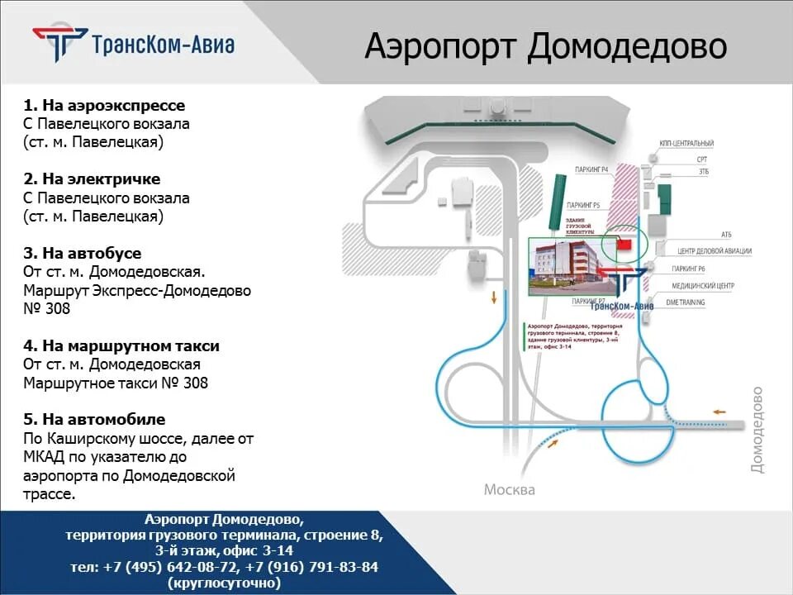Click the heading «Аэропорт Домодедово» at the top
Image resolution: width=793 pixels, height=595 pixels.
(x=545, y=46)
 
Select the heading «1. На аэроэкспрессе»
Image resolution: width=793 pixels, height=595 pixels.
(x=104, y=106)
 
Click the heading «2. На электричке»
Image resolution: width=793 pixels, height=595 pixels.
(x=92, y=179)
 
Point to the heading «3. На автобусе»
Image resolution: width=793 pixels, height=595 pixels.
(x=83, y=253)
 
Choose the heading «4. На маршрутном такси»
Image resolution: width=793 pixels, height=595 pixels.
(x=121, y=345)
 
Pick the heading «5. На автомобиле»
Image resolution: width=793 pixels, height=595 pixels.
(x=94, y=420)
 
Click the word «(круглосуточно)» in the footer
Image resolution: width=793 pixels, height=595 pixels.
(x=224, y=583)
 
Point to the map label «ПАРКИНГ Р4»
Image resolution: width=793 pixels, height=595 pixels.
(x=591, y=170)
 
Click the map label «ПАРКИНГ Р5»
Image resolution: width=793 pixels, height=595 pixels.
(x=583, y=204)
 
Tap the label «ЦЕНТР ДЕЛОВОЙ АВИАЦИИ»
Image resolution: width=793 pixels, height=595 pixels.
(x=715, y=250)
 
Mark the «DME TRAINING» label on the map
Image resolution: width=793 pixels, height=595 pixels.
(x=686, y=302)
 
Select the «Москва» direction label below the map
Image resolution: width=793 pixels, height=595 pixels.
(x=509, y=489)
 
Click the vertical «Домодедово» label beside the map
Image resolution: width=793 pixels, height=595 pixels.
(x=757, y=430)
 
